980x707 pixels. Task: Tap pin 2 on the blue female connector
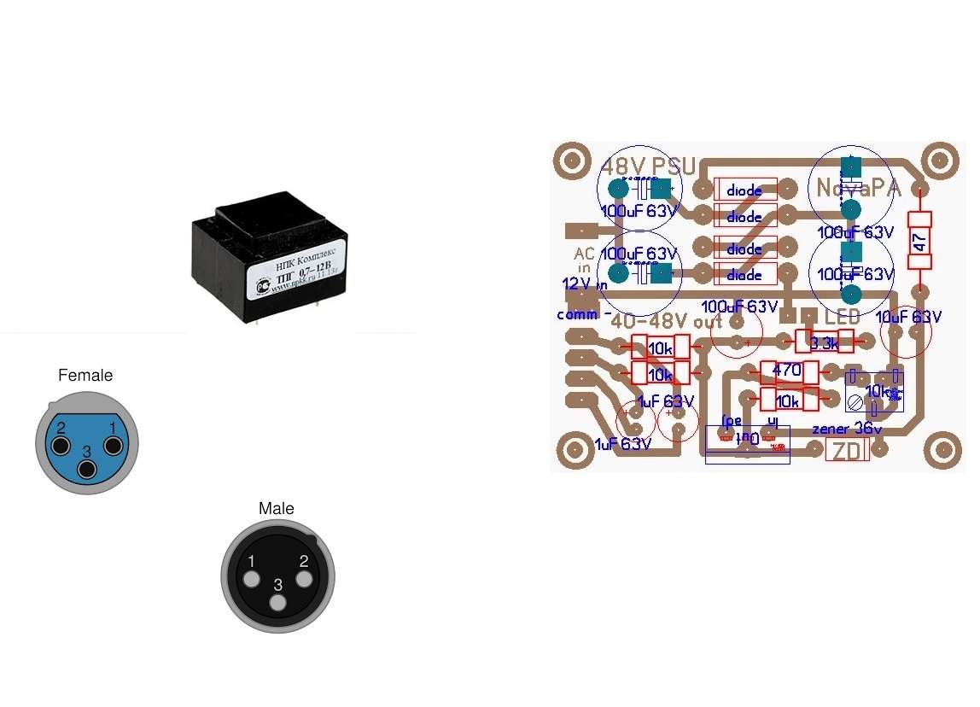59,446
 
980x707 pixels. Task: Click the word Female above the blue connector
85,375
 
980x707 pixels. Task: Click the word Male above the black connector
277,509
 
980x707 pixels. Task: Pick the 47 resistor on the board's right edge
919,240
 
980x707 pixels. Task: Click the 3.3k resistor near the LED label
825,342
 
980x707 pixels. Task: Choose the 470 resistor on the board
787,371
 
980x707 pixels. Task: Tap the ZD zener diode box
847,450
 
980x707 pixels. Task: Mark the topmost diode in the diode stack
744,190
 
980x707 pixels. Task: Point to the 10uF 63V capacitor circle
905,333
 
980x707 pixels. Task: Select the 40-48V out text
667,322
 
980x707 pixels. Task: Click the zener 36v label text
844,429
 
